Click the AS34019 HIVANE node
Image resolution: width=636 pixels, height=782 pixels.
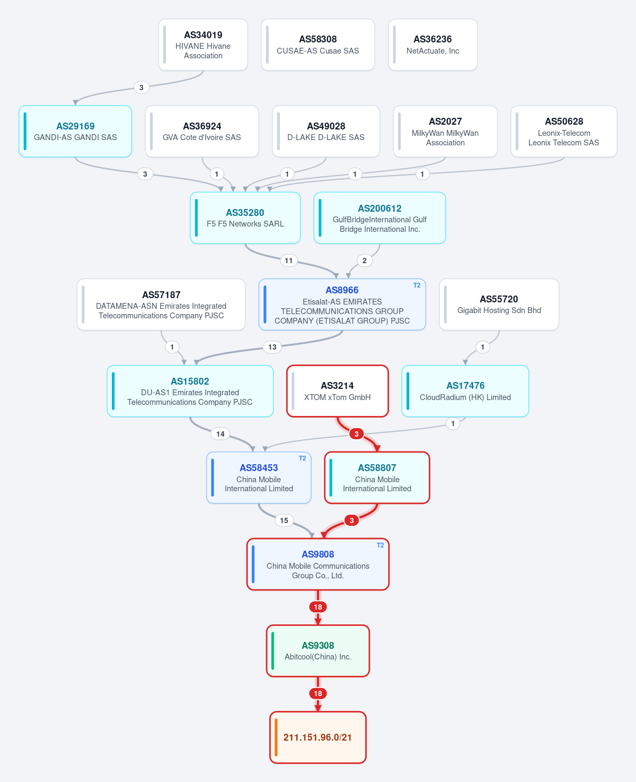point(203,45)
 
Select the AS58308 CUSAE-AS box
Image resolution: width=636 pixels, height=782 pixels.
point(317,45)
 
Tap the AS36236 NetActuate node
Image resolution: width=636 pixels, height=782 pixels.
point(432,45)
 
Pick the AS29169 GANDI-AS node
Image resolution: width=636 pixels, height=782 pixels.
point(75,132)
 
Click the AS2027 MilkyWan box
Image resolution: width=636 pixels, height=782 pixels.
point(445,132)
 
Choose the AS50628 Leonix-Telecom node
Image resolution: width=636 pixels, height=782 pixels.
point(564,132)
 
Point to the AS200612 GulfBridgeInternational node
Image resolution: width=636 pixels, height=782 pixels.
point(379,218)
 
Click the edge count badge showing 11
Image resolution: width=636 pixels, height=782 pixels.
point(289,260)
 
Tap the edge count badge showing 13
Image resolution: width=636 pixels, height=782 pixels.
point(272,347)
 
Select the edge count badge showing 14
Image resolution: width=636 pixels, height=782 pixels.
point(220,434)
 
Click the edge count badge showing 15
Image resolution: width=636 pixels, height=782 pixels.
point(284,520)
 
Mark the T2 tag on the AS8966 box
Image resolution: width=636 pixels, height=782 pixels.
point(417,285)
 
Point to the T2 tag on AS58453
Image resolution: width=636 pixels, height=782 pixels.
point(302,458)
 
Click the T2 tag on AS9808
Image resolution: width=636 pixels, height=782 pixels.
point(381,545)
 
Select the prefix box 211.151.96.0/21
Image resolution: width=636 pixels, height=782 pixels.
point(317,737)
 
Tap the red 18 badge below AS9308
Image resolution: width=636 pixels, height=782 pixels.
point(317,693)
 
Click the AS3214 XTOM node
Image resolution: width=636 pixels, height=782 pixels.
point(337,391)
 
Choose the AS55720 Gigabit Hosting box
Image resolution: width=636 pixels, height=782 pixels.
point(499,305)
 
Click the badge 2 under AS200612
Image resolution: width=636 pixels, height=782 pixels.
point(364,260)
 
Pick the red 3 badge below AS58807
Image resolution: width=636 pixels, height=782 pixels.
point(351,520)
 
